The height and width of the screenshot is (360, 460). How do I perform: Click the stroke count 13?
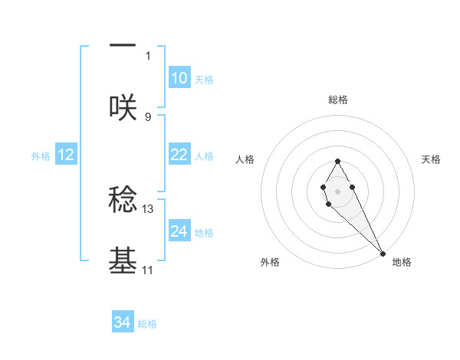[148, 208]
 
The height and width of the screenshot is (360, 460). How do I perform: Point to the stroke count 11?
[148, 270]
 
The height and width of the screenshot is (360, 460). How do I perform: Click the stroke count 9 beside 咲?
[148, 116]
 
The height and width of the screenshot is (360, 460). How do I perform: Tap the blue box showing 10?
[179, 78]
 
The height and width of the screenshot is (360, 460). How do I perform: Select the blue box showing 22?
[179, 155]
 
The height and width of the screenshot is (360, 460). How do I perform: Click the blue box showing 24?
[179, 231]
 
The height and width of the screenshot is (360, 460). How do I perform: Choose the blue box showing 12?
[66, 155]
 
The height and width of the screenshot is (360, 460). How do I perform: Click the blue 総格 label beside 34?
[147, 324]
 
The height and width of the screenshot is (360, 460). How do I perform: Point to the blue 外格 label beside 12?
[41, 155]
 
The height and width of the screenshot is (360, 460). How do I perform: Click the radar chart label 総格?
[337, 100]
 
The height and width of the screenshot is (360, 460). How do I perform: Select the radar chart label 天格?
[431, 159]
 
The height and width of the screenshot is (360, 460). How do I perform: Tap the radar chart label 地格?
[402, 262]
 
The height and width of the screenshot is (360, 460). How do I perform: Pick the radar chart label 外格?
[270, 262]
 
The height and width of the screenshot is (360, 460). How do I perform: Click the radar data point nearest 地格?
[383, 254]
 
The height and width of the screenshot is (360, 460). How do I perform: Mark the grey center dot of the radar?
[337, 190]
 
